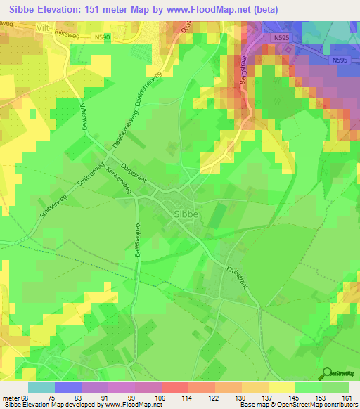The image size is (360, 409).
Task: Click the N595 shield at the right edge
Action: [x=340, y=60]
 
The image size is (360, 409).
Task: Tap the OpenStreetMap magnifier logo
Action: [x=327, y=373]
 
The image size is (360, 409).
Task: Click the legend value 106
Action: [x=161, y=397]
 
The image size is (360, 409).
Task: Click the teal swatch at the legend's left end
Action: [x=41, y=387]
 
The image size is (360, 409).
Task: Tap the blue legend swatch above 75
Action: [x=68, y=387]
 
